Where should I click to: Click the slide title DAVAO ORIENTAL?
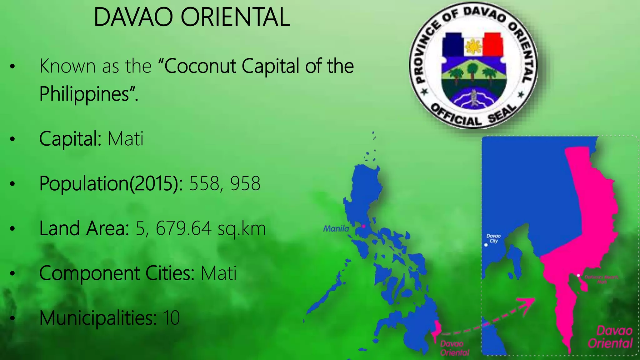pos(192,17)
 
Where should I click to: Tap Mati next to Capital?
pos(126,139)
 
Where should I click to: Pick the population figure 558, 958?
pos(225,183)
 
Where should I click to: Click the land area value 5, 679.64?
pos(174,228)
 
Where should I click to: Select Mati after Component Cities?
pos(218,273)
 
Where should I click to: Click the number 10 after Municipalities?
pos(171,318)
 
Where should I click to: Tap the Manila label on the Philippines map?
pos(336,229)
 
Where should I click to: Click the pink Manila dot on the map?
pos(363,226)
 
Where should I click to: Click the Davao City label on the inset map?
pos(493,238)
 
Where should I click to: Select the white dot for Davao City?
pos(486,245)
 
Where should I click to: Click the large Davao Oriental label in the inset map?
pos(611,337)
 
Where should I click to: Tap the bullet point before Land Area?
pos(12,229)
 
